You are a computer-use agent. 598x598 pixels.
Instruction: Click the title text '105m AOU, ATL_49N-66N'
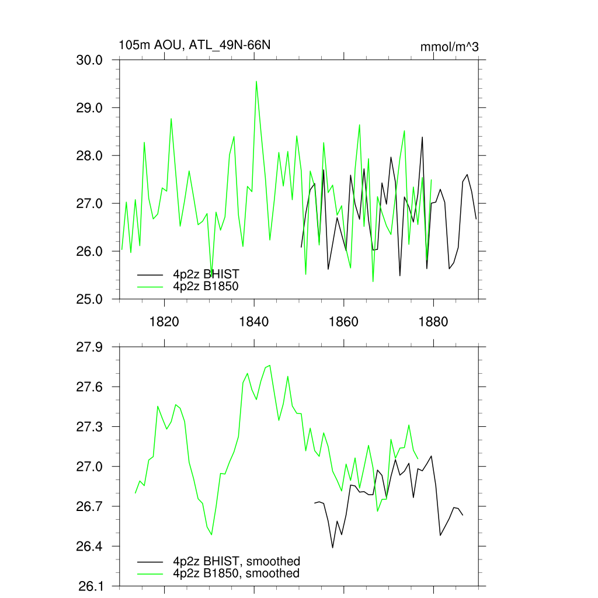click(194, 45)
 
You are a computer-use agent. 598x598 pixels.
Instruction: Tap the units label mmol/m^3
click(449, 47)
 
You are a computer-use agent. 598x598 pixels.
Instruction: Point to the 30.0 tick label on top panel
click(90, 60)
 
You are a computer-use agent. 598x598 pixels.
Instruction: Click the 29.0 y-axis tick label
click(90, 108)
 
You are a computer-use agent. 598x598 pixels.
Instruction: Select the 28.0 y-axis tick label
click(90, 156)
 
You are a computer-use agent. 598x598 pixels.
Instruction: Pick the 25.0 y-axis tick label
click(90, 299)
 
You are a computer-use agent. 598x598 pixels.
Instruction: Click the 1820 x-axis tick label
click(164, 321)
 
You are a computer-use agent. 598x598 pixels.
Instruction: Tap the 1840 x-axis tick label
click(254, 321)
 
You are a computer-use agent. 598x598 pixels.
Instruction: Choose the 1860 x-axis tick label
click(344, 321)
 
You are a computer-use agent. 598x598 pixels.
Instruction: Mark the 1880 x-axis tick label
click(434, 321)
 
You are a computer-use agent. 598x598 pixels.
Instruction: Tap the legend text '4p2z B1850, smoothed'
click(236, 573)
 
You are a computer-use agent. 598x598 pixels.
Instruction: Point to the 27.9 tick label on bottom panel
click(90, 347)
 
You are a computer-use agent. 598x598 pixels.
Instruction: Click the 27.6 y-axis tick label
click(90, 387)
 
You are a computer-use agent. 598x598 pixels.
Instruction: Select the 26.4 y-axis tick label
click(90, 547)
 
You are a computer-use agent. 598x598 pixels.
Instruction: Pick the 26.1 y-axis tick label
click(90, 586)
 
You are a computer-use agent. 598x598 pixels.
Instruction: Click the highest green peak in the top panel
click(256, 82)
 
